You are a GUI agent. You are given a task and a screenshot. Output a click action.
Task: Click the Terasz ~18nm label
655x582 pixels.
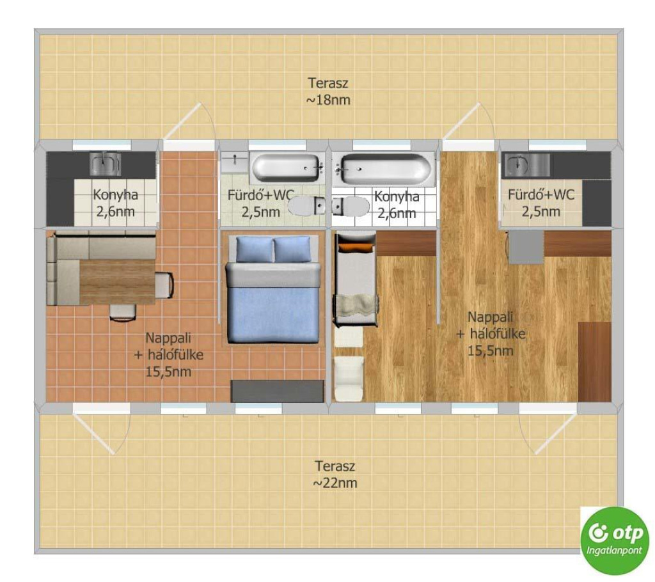tap(328, 91)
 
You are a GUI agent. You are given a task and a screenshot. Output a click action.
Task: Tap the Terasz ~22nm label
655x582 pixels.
tap(335, 474)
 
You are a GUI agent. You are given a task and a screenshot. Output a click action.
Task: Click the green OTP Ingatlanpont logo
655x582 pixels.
tap(615, 540)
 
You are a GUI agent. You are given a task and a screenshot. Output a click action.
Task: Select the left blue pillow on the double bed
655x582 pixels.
tap(255, 249)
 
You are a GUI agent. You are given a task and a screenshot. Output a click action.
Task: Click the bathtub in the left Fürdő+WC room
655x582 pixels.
tap(287, 168)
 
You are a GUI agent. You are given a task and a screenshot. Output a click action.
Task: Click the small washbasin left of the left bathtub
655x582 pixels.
tap(235, 162)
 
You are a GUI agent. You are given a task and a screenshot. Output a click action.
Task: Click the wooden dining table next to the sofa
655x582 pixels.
tap(118, 282)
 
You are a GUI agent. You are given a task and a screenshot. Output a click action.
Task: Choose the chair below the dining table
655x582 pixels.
tap(123, 312)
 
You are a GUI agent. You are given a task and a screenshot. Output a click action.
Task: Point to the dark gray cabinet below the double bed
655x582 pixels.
tap(278, 391)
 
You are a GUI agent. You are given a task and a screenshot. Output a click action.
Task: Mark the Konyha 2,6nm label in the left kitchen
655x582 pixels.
tap(115, 203)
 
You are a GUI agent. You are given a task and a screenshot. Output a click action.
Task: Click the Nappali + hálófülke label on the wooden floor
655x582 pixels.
tap(491, 334)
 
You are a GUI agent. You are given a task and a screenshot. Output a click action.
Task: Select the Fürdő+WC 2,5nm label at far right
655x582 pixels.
tap(541, 203)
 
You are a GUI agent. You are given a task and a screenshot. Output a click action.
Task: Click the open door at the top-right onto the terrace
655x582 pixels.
tap(469, 121)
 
